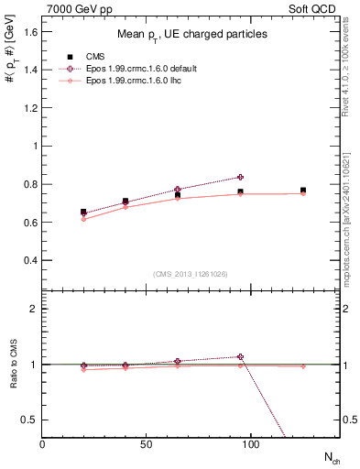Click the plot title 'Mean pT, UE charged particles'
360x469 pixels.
point(191,35)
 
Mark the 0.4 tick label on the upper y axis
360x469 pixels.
point(29,260)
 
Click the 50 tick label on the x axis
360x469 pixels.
point(147,443)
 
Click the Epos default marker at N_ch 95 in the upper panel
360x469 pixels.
point(240,177)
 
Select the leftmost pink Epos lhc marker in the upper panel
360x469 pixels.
point(83,219)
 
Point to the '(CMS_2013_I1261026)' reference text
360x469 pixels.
point(191,274)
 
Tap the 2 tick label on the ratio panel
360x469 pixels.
point(34,309)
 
